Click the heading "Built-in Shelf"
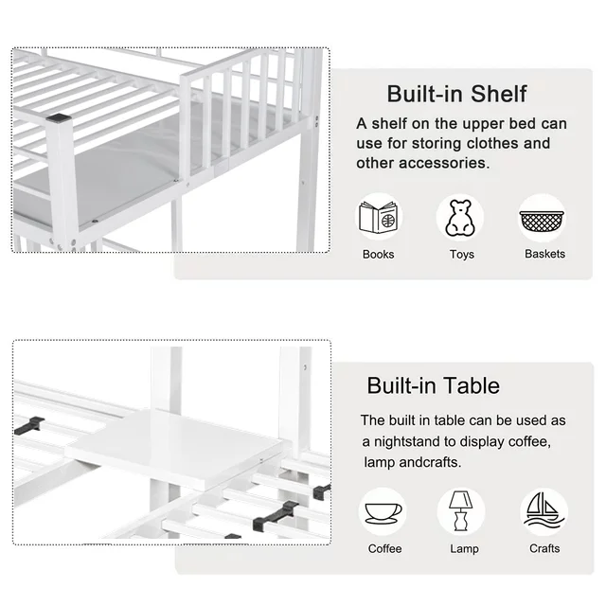coord(456,94)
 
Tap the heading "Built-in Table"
coord(434,385)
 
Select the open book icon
coord(379,217)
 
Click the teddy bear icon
coord(460,218)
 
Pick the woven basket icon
coord(542,221)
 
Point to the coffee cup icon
coord(383,513)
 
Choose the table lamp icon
coord(461,511)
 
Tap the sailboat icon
coord(544,510)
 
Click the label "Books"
coord(379,255)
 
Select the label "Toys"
coord(462,255)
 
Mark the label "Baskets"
coord(545,254)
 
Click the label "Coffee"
coord(385,549)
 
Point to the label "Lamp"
coord(464,549)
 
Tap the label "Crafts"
coord(544,548)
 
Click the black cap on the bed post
coord(59,117)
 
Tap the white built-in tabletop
coord(174,448)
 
